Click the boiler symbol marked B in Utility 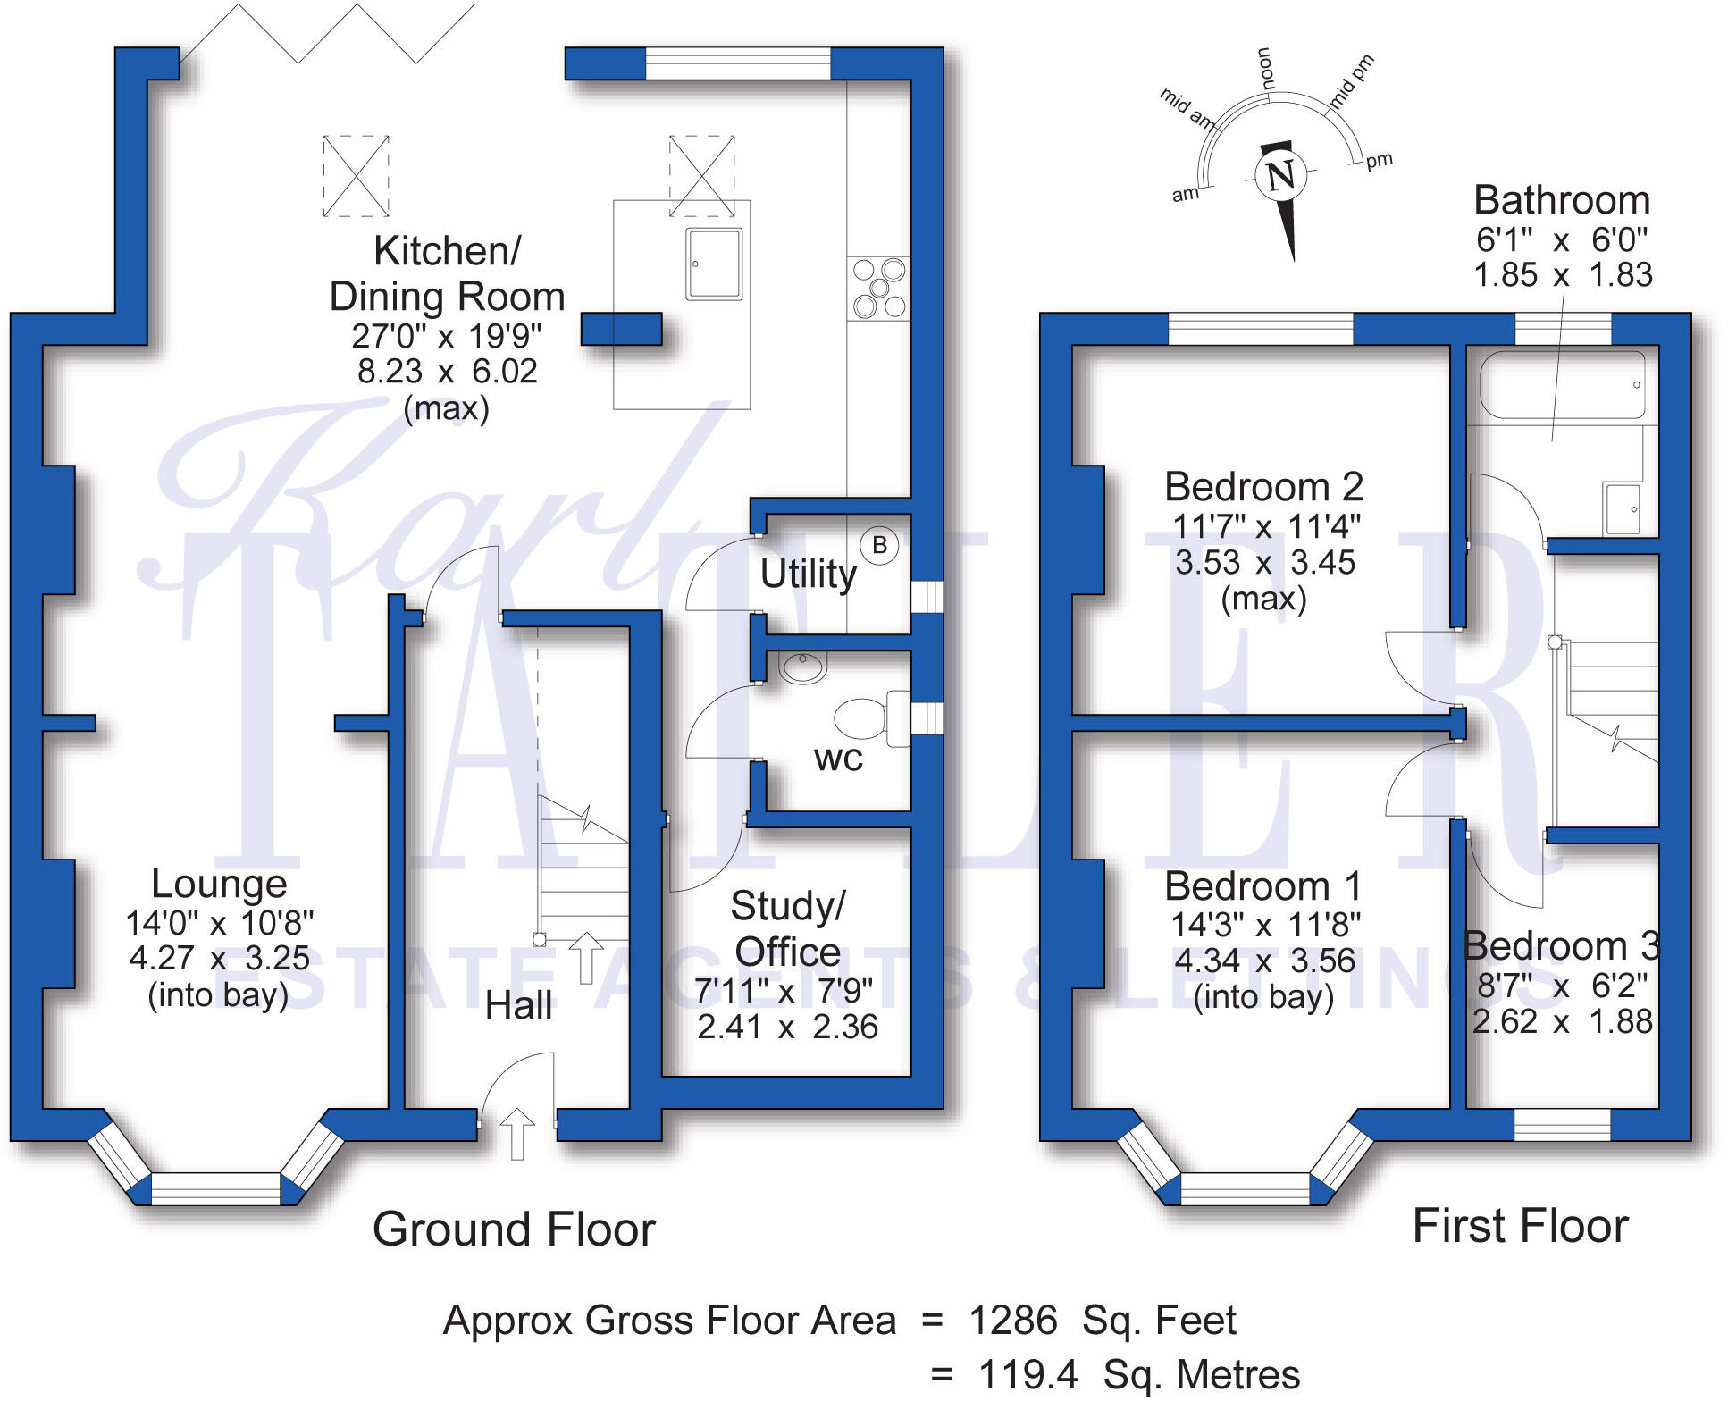tap(879, 544)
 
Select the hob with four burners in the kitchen tap(878, 289)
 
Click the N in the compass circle tap(1280, 174)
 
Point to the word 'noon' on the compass tap(1264, 68)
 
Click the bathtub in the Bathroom tap(1562, 385)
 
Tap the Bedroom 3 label tap(1561, 945)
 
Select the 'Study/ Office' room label tap(787, 928)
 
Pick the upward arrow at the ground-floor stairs tap(586, 957)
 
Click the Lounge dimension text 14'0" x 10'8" tap(219, 921)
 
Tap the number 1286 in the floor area tap(1012, 1320)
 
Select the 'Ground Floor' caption tap(514, 1229)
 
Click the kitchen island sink tap(714, 264)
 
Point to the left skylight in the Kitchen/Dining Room tap(356, 176)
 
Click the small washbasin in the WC tap(802, 667)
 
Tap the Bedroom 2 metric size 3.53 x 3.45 tap(1264, 562)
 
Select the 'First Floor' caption tap(1520, 1225)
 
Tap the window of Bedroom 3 tap(1562, 1124)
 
